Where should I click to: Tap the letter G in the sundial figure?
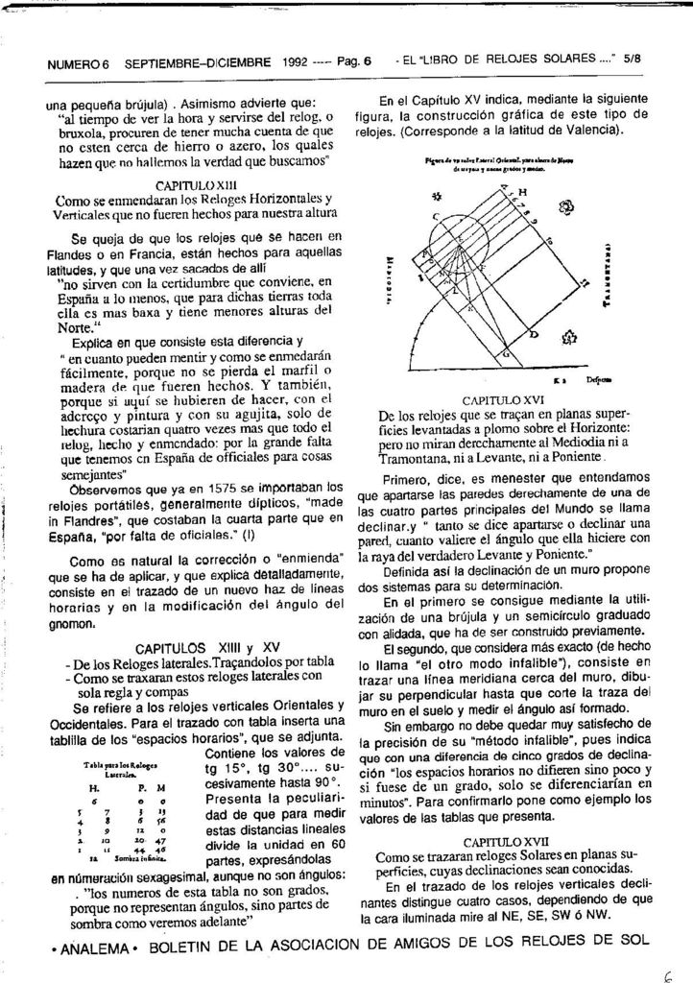pyautogui.click(x=506, y=355)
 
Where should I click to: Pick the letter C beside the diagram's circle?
pyautogui.click(x=435, y=217)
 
